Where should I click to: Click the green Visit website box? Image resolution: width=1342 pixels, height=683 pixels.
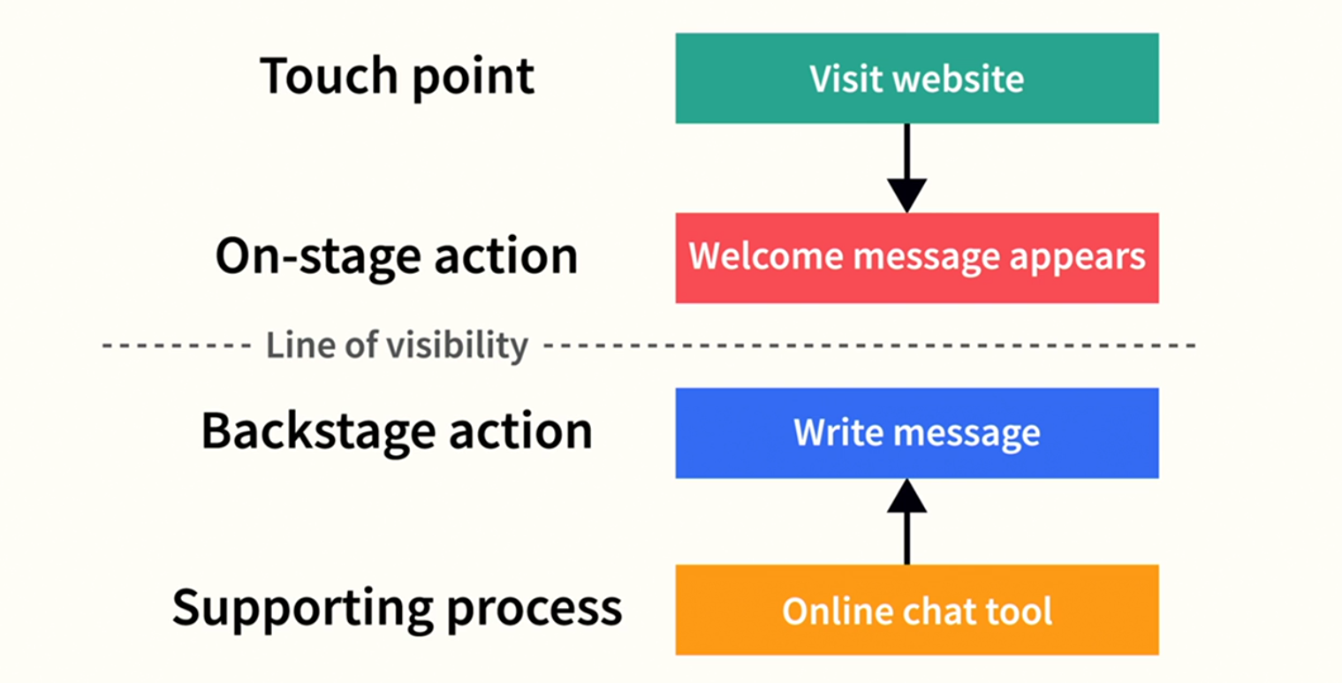(x=916, y=78)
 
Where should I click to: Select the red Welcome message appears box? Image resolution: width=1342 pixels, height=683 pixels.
(x=916, y=257)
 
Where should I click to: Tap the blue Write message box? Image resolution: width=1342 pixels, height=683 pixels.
(x=916, y=432)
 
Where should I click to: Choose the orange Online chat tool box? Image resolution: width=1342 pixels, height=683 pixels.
(x=916, y=610)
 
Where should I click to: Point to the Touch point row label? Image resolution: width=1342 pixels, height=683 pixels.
(x=397, y=78)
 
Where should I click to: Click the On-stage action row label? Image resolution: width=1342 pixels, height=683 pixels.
(x=397, y=256)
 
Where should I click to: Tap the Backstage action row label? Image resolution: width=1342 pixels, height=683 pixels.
(x=397, y=431)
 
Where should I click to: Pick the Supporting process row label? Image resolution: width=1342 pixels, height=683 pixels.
(x=397, y=608)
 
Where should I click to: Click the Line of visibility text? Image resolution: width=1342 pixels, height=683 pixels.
(x=397, y=345)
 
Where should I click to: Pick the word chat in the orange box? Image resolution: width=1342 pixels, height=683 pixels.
(x=941, y=611)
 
